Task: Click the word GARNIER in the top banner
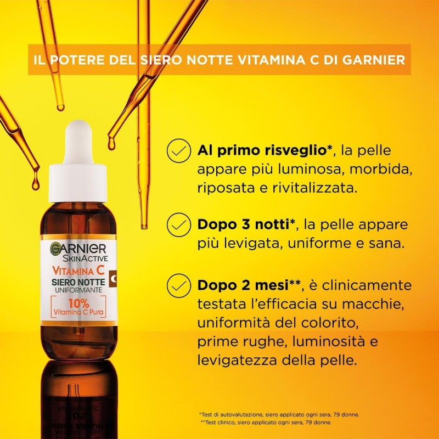point(373,59)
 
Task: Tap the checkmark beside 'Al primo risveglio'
point(177,150)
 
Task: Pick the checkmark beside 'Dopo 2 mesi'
point(177,285)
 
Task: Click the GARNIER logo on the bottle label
point(80,248)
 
